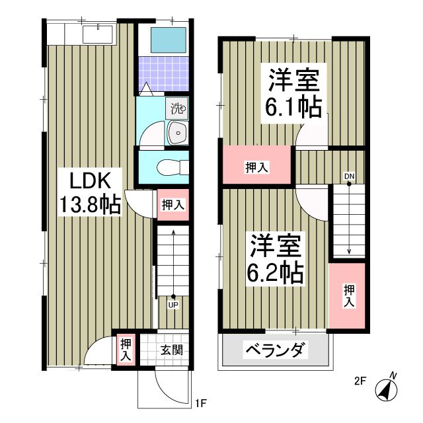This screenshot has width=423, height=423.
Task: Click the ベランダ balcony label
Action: click(x=276, y=349)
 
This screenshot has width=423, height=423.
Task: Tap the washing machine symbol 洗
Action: click(x=178, y=106)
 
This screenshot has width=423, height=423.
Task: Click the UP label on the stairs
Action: click(x=173, y=305)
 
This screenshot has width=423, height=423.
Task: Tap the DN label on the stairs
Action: click(x=348, y=176)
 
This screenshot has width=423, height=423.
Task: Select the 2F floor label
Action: click(x=360, y=381)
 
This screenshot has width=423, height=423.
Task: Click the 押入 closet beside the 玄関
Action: click(x=126, y=348)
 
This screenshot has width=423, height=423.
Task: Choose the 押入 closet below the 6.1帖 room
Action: click(x=256, y=168)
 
